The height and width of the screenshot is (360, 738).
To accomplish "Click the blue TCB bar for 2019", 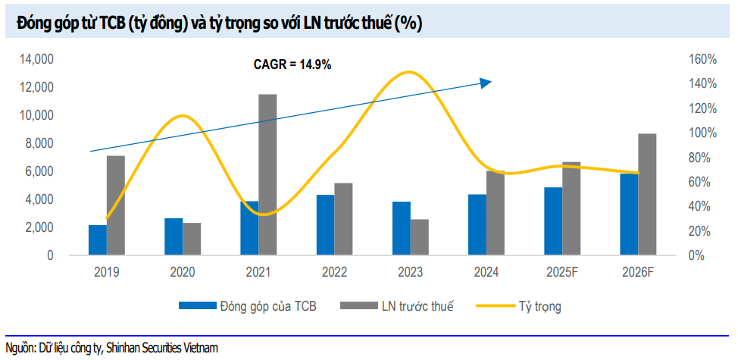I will (x=98, y=240).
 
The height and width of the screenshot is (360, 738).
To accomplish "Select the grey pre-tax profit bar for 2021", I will (x=267, y=175).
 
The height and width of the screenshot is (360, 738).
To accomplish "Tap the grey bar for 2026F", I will (x=647, y=195).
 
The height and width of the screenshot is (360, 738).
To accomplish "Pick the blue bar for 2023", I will (x=402, y=229).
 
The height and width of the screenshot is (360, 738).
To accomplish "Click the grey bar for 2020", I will (x=192, y=239).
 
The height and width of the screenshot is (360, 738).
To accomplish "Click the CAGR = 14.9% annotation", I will (x=292, y=65).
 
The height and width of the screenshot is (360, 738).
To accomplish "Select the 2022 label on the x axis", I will (x=334, y=271).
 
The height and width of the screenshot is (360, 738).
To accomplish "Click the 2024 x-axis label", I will (x=486, y=271).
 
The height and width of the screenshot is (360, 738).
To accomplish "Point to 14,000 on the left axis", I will (x=37, y=59).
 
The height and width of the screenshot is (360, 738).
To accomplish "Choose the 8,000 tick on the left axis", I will (x=39, y=143).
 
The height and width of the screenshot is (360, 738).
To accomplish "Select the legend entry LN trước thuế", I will (x=415, y=306).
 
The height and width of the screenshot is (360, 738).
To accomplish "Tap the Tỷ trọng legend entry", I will (x=540, y=306).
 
